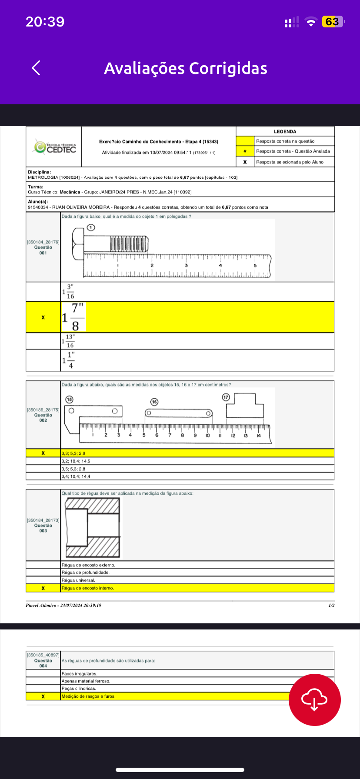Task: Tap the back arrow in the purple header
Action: click(36, 68)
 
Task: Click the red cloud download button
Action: click(315, 700)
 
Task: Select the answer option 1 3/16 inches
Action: click(68, 292)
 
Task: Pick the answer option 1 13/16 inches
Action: click(68, 341)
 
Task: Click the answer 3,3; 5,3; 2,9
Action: click(73, 453)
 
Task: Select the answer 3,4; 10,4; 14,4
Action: click(76, 476)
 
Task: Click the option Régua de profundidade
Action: click(85, 573)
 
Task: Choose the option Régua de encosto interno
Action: click(87, 588)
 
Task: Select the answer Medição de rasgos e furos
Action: click(88, 696)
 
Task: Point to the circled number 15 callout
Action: click(69, 399)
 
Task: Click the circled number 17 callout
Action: click(226, 397)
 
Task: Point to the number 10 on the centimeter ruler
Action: click(207, 435)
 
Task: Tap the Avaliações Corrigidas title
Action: click(186, 68)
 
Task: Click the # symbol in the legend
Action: click(245, 151)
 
